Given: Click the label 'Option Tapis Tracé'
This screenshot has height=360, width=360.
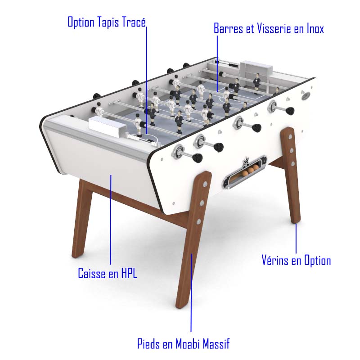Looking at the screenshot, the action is [107, 22].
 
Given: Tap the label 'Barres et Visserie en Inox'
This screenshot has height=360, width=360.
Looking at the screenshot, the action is [269, 28].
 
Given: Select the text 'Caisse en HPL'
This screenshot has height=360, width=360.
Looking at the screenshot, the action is [108, 273].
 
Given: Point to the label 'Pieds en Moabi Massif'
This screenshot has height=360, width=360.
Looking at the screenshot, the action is [183, 344].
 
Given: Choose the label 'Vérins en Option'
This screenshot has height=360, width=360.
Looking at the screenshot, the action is [296, 261].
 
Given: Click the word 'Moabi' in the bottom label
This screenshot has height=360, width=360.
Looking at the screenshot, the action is [190, 344].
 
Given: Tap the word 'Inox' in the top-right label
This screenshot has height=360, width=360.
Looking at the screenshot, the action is [315, 28].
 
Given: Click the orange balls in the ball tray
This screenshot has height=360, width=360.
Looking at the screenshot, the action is [250, 170].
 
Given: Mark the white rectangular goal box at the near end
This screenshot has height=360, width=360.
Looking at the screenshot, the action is [108, 126].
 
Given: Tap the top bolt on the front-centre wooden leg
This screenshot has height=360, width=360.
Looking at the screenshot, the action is [205, 184].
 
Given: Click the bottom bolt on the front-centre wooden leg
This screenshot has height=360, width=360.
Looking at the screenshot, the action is [198, 221].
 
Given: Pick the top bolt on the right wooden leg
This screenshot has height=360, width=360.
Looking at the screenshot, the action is [290, 137].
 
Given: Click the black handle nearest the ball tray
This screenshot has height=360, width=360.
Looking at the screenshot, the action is [197, 157].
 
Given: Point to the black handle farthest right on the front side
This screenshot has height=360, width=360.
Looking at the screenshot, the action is [289, 111].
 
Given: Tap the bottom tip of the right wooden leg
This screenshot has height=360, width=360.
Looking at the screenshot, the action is [296, 222].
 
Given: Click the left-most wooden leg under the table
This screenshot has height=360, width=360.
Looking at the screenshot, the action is [82, 218].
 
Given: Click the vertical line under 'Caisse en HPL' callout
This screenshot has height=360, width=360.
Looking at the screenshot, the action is [110, 220].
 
